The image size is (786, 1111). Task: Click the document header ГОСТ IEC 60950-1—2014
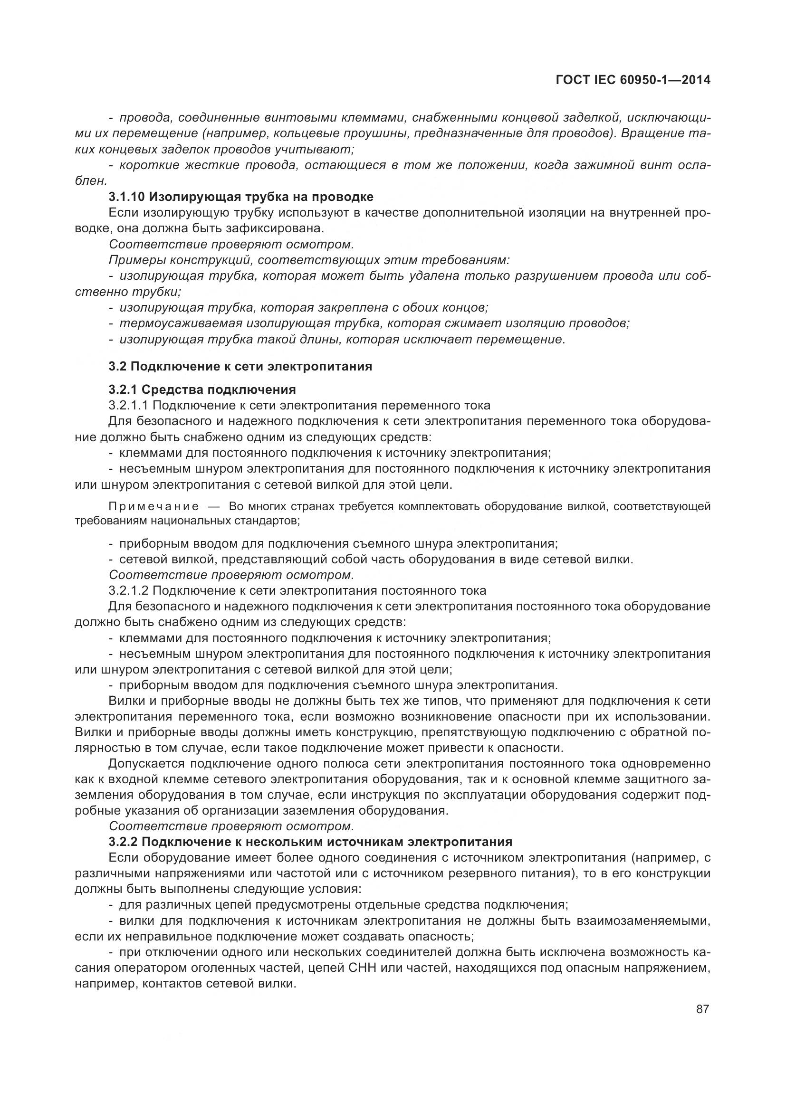coord(633,80)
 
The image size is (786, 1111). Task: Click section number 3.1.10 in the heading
coord(127,197)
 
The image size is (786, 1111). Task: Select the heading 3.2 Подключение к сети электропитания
coord(240,366)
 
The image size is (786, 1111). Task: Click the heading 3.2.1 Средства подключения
coord(202,389)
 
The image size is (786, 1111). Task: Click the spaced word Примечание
coord(153,507)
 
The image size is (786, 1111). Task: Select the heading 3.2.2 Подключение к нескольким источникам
coord(310,842)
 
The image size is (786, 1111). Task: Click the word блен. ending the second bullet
coord(90,181)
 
